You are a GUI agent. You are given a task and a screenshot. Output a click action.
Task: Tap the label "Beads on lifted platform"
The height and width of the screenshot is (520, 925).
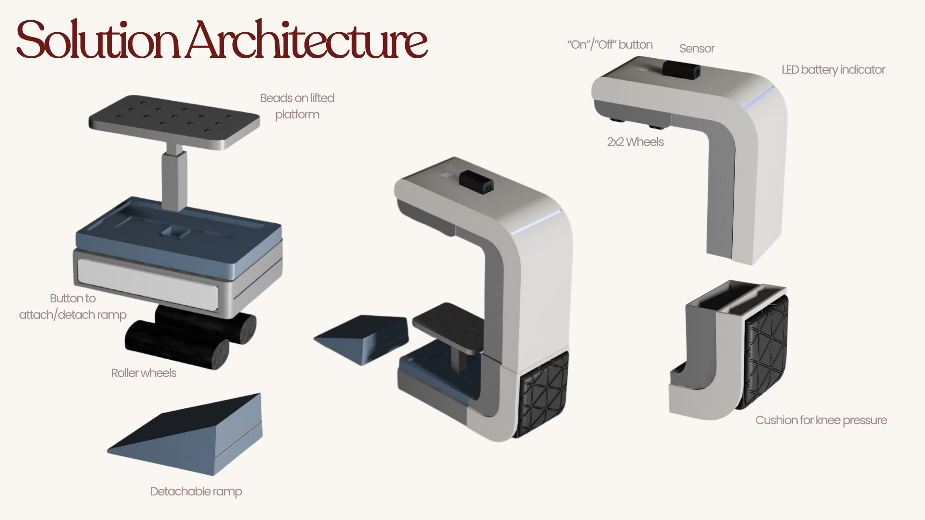297,106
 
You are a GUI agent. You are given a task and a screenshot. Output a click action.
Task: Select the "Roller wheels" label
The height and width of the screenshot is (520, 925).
144,373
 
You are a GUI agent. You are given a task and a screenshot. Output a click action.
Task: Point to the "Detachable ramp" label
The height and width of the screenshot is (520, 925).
196,492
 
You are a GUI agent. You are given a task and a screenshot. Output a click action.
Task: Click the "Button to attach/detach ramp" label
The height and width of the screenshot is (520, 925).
73,307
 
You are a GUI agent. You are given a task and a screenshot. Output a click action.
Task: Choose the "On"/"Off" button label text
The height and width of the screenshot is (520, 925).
610,45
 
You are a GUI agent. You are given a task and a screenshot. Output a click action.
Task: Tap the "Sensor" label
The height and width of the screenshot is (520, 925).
697,49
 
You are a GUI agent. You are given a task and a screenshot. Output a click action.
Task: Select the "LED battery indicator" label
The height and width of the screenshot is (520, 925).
833,70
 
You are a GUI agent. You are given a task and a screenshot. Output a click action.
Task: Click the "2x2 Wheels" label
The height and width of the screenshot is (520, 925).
635,142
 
